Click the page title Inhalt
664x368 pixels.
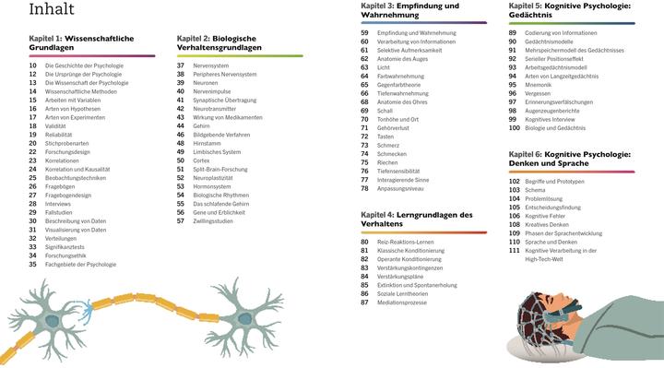pos(53,11)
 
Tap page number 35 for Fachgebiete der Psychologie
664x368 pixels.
pos(32,264)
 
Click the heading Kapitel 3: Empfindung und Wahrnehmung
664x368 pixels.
pos(409,10)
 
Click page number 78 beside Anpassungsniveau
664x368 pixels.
pos(364,187)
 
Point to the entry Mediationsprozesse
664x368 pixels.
pos(409,302)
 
